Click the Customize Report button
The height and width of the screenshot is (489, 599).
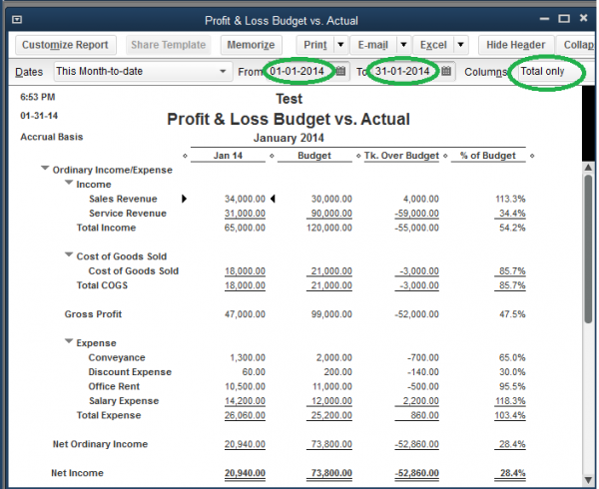click(65, 45)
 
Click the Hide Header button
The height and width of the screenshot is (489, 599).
click(515, 45)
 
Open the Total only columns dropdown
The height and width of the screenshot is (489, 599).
click(547, 72)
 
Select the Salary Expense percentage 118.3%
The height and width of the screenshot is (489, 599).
click(510, 401)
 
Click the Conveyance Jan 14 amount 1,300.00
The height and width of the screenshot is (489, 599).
click(249, 357)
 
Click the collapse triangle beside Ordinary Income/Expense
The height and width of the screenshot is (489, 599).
click(45, 170)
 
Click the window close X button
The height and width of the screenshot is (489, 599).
click(587, 20)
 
